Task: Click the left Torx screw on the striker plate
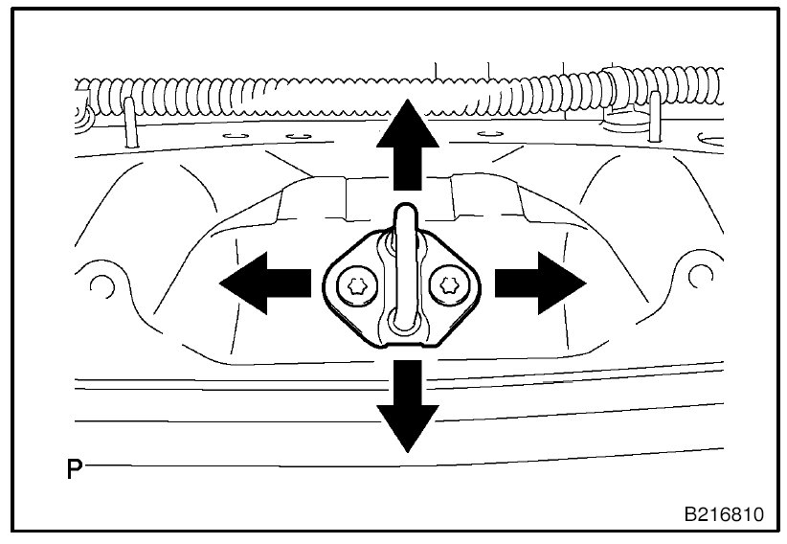(x=356, y=284)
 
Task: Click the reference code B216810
(x=723, y=514)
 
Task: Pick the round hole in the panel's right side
(x=697, y=277)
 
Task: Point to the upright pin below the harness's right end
(x=654, y=113)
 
